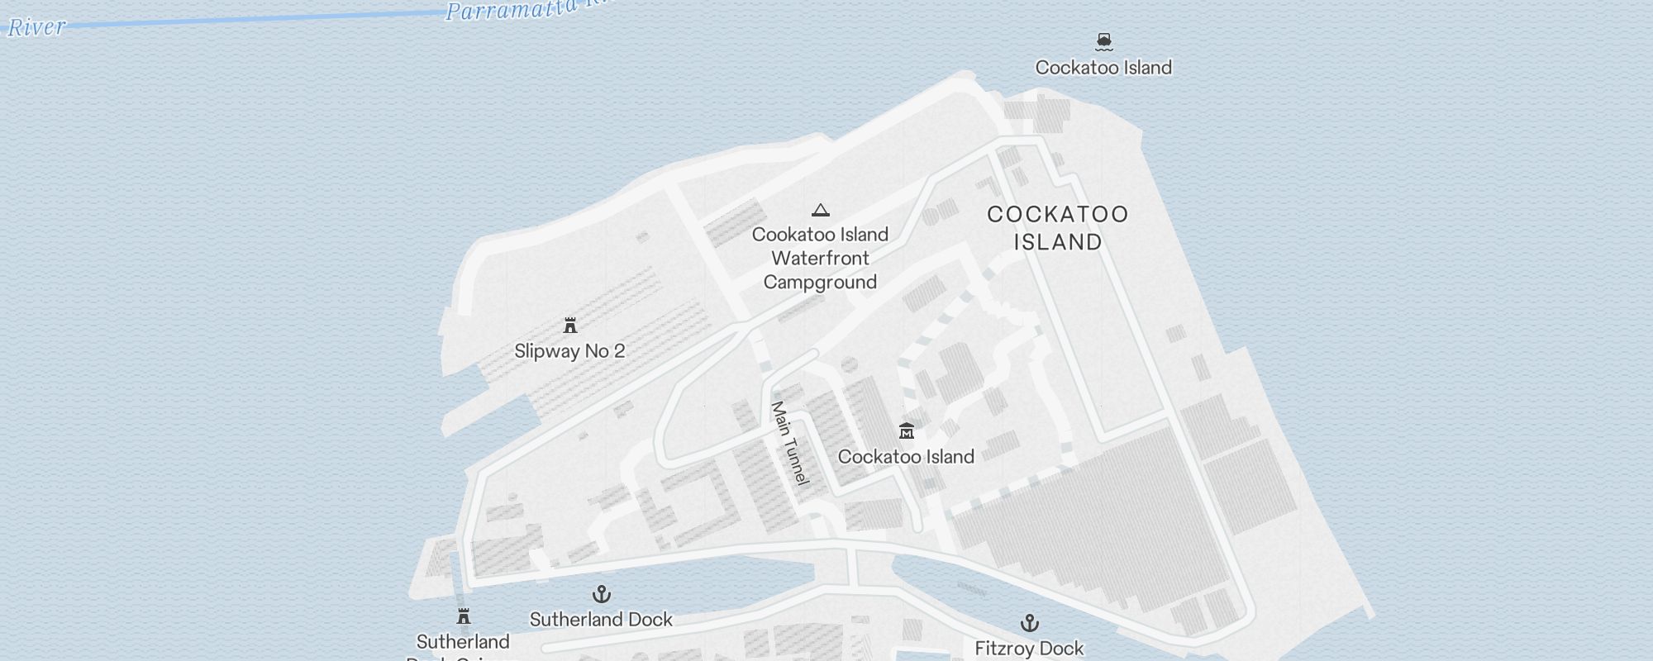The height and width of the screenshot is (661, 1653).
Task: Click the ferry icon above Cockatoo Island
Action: coord(1104,40)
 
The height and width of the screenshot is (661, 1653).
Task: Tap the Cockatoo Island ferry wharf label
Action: coord(1103,68)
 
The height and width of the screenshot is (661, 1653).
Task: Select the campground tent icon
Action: coord(820,210)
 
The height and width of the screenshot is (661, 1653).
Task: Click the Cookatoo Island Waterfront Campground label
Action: coord(820,258)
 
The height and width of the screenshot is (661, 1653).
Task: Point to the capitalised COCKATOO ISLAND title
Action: coord(1058,228)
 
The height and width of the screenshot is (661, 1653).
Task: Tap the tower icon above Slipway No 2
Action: coord(569,326)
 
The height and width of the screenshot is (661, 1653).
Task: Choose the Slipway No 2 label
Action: coord(569,351)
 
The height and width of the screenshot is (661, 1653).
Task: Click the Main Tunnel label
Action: coord(789,443)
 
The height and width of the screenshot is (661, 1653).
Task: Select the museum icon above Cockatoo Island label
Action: coord(907,431)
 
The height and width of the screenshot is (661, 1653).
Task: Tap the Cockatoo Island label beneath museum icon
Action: coord(906,457)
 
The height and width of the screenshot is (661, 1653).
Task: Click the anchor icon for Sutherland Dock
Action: coord(602,594)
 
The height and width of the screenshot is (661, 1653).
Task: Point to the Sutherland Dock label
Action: coord(601,620)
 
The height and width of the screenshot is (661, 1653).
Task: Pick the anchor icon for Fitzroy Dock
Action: coord(1030,622)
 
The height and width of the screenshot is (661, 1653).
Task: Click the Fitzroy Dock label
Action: coord(1029,649)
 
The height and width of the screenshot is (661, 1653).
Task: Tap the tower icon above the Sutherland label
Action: coord(464,616)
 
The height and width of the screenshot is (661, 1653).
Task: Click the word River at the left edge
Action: coord(36,27)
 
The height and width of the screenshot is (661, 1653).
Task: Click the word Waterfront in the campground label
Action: coord(820,259)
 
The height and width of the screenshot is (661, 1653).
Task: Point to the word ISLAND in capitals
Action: coord(1058,242)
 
